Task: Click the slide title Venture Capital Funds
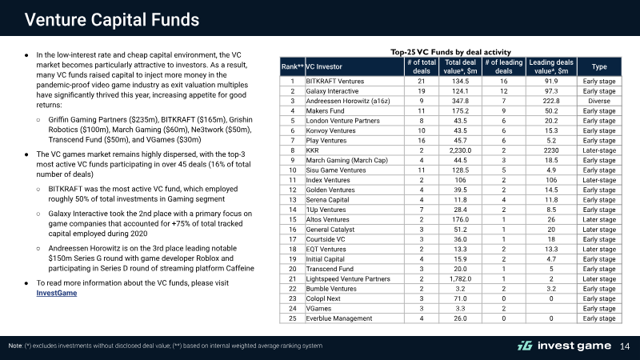[x=112, y=19]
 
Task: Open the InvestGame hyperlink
[x=56, y=293]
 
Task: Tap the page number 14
[x=625, y=346]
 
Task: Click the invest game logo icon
[x=525, y=346]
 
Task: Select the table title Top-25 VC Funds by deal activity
[x=450, y=52]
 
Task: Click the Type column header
[x=599, y=66]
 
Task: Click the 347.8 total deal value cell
[x=460, y=101]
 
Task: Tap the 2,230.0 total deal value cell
[x=460, y=150]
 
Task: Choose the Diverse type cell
[x=599, y=101]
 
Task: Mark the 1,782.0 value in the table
[x=460, y=278]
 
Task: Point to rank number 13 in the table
[x=293, y=199]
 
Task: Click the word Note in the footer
[x=15, y=346]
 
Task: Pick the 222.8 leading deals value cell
[x=551, y=101]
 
